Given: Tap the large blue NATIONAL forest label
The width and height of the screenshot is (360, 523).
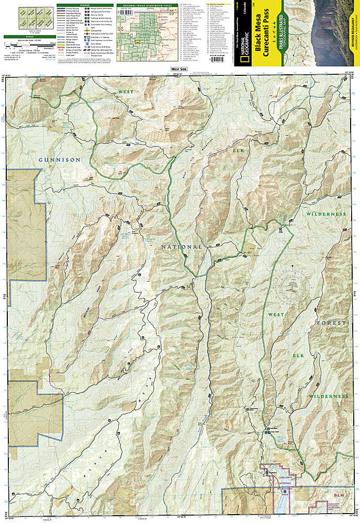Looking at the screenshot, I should tap(182, 246).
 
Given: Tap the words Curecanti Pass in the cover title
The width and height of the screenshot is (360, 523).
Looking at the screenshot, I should tap(266, 29).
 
